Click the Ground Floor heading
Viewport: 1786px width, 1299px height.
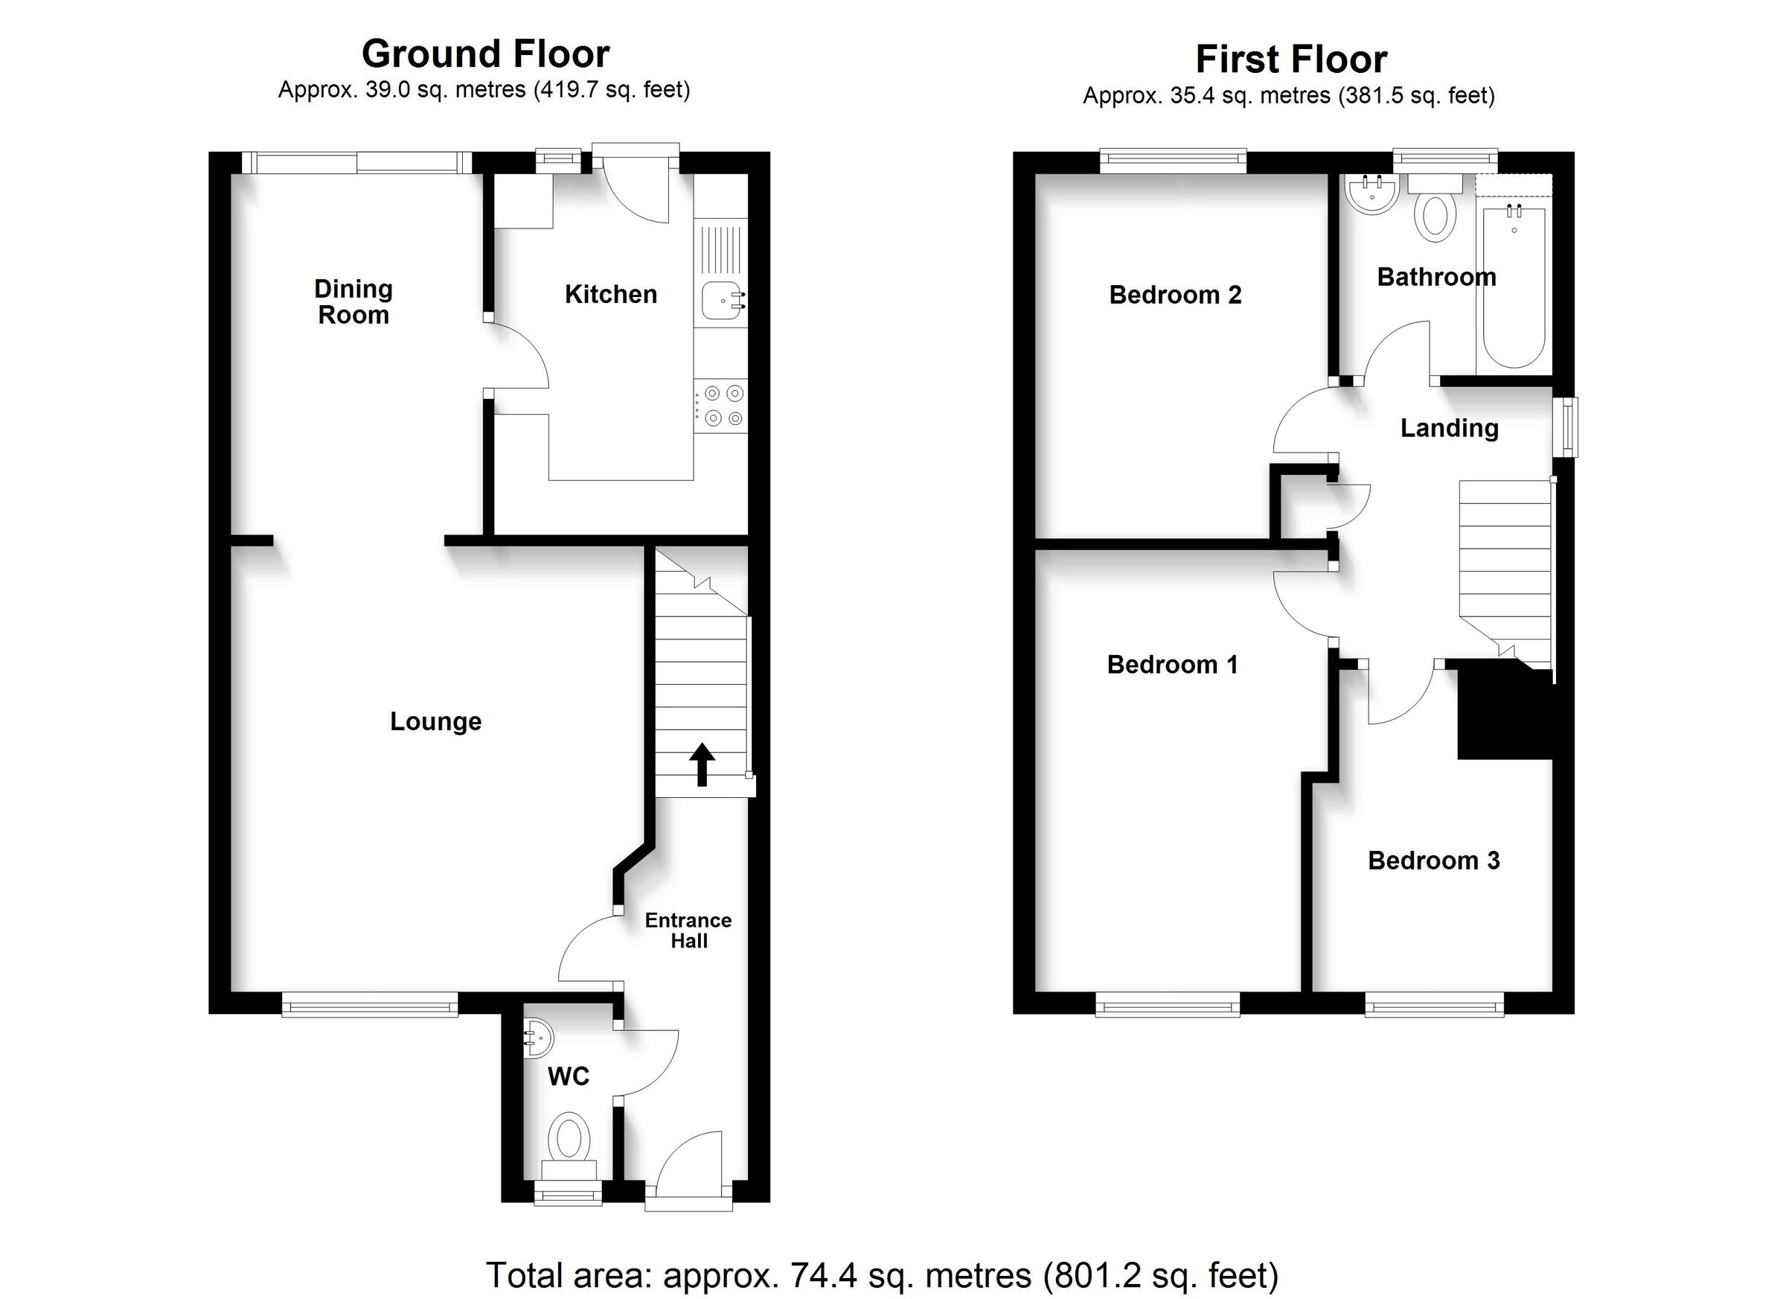coord(485,54)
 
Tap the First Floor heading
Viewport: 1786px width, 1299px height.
coord(1290,59)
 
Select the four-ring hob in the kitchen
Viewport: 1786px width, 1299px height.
coord(720,406)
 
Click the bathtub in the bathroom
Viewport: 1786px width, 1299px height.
coord(1514,287)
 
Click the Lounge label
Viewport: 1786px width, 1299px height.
coord(435,721)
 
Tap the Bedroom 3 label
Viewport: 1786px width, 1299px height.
coord(1433,861)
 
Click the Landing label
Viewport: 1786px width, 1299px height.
coord(1449,429)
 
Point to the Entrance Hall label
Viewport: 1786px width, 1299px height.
coord(688,931)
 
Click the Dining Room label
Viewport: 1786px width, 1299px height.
coord(353,301)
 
